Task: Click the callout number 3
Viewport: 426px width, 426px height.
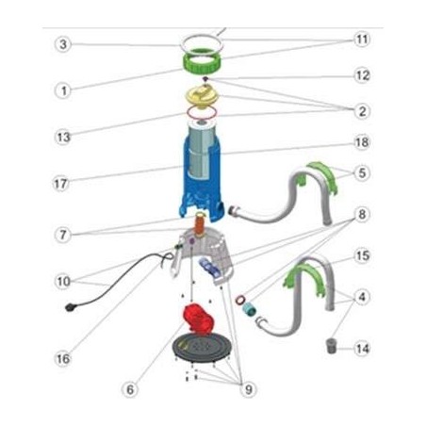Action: tap(63, 44)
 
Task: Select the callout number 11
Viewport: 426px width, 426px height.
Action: tap(362, 40)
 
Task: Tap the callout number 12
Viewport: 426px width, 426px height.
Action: tap(362, 75)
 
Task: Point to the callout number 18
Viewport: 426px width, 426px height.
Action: tap(362, 142)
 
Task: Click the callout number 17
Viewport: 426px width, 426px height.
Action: tap(61, 184)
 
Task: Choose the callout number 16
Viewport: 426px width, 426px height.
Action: tap(63, 358)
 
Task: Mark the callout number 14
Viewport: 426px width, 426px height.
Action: tap(362, 349)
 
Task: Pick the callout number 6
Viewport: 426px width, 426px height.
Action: tap(130, 390)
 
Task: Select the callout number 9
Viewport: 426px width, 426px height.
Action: tap(249, 390)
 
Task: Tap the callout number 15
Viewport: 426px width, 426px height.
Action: tap(362, 256)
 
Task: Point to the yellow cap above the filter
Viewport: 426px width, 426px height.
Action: tap(203, 95)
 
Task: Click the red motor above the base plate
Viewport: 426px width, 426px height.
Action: tap(198, 319)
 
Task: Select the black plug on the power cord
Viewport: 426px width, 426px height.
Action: tap(70, 308)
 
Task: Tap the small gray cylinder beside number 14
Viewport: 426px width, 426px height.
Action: tap(331, 346)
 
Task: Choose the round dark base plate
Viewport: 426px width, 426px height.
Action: tap(200, 348)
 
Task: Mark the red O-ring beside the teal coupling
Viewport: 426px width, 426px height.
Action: tap(240, 300)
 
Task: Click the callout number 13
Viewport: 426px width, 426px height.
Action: tap(63, 138)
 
